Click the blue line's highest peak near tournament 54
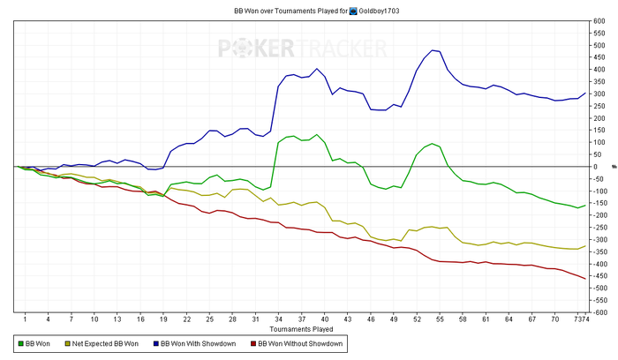pyautogui.click(x=433, y=50)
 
